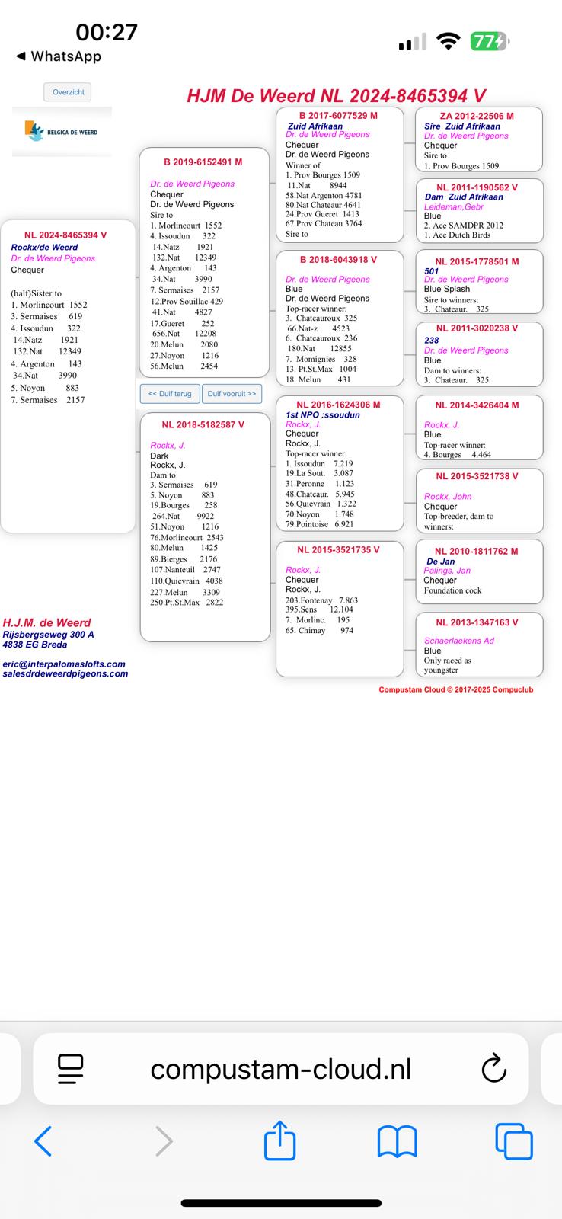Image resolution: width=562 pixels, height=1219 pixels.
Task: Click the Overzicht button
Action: (x=68, y=92)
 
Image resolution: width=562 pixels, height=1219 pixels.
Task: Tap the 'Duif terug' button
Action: (x=170, y=394)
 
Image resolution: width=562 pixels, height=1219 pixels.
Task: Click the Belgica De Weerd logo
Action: (x=62, y=132)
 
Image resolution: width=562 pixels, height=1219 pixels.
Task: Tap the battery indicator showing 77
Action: (x=488, y=42)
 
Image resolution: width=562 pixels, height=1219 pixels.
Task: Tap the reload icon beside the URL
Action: (x=494, y=1068)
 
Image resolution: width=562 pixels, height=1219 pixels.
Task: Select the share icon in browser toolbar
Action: (x=279, y=1141)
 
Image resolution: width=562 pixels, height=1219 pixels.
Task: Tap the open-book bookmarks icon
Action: (x=397, y=1141)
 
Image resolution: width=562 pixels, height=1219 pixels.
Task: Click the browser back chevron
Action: (x=43, y=1141)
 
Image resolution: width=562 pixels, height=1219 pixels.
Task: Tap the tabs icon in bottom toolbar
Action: (x=513, y=1141)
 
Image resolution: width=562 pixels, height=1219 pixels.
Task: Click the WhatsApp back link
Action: (x=59, y=56)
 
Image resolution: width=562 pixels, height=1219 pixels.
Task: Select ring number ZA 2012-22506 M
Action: (x=477, y=116)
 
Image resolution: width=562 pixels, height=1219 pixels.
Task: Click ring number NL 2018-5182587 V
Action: (x=203, y=424)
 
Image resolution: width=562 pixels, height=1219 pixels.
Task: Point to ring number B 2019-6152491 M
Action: (x=203, y=162)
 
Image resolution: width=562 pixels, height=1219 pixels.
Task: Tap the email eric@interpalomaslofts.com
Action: (x=64, y=664)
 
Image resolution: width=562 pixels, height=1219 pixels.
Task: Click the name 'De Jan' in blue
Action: (x=440, y=562)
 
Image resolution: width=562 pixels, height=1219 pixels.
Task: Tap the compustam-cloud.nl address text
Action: (x=280, y=1069)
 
